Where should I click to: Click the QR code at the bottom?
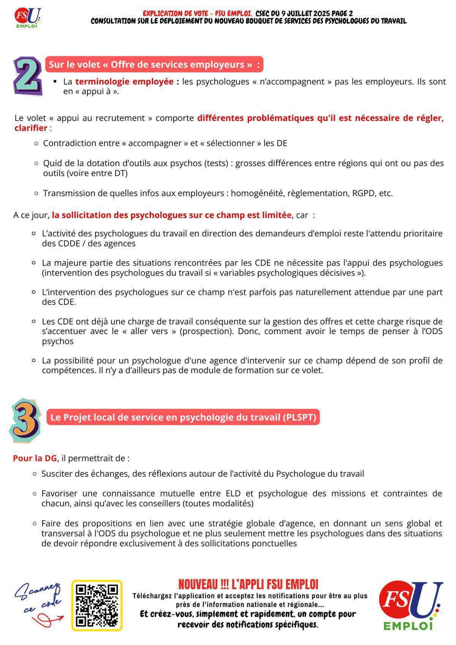97,605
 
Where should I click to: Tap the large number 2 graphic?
27,76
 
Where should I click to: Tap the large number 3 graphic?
25,420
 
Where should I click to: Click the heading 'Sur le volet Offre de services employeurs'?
154,64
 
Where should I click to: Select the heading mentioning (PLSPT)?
183,417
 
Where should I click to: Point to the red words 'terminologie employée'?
124,82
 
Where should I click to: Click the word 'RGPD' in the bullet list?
364,193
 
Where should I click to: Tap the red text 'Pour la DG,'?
36,458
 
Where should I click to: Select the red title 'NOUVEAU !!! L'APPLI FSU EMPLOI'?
248,584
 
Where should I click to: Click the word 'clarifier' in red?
31,128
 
